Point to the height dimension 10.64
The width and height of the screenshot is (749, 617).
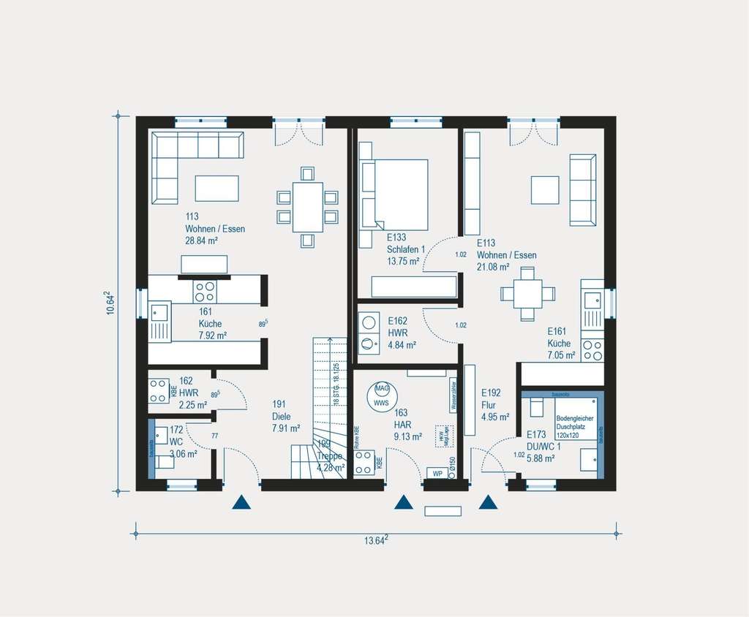110,302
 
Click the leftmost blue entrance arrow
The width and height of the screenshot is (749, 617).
241,502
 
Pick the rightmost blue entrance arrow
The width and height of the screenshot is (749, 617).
488,502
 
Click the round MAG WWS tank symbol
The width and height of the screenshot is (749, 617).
381,395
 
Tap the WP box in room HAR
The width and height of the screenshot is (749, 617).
437,472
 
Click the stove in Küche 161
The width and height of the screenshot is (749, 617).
205,292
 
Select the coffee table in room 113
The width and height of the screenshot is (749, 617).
217,188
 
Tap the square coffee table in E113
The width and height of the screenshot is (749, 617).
545,189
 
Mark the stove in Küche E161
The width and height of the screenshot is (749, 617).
592,350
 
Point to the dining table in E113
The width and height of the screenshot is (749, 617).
527,293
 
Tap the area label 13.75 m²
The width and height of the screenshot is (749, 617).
403,261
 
